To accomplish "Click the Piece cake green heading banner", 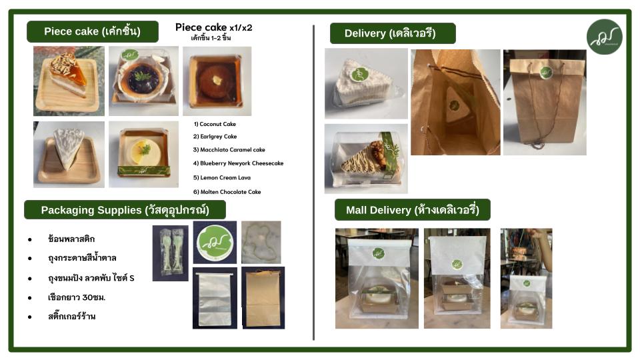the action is click(x=93, y=31).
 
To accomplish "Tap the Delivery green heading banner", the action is click(x=393, y=33).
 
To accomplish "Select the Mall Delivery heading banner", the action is click(x=412, y=210).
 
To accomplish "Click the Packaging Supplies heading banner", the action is click(x=125, y=210).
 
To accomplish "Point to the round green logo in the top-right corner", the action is click(x=605, y=37).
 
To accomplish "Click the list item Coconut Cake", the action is click(x=215, y=124).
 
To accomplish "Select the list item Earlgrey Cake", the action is click(x=215, y=136).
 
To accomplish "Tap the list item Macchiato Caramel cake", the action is click(x=229, y=150).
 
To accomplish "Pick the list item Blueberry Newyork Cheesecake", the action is click(x=239, y=163).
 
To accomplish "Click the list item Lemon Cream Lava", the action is click(x=222, y=177).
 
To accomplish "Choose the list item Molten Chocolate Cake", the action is click(x=227, y=192).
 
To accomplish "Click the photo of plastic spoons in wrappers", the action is click(x=170, y=253).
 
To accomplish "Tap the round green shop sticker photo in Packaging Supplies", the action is click(x=215, y=243).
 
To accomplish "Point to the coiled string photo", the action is click(x=261, y=243).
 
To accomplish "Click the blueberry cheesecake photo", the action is click(x=143, y=81).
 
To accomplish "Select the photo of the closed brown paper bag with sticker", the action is click(x=545, y=103).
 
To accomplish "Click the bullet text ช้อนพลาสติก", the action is click(x=71, y=239).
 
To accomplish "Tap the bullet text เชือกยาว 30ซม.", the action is click(x=77, y=297).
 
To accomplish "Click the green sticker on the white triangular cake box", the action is click(x=359, y=74).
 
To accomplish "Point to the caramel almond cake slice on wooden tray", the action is click(x=69, y=81).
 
